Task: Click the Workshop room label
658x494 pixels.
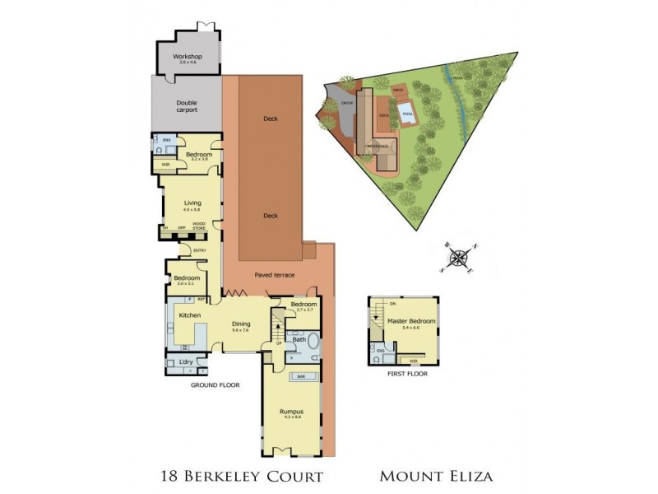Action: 188,57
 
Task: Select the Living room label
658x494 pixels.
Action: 192,203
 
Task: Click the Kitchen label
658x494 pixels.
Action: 190,315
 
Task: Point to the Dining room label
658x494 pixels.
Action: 241,324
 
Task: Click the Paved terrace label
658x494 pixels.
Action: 274,275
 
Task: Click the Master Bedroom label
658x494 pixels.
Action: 404,320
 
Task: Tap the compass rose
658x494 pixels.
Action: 458,256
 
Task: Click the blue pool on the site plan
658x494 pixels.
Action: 406,113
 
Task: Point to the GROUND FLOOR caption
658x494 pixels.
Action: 215,384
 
